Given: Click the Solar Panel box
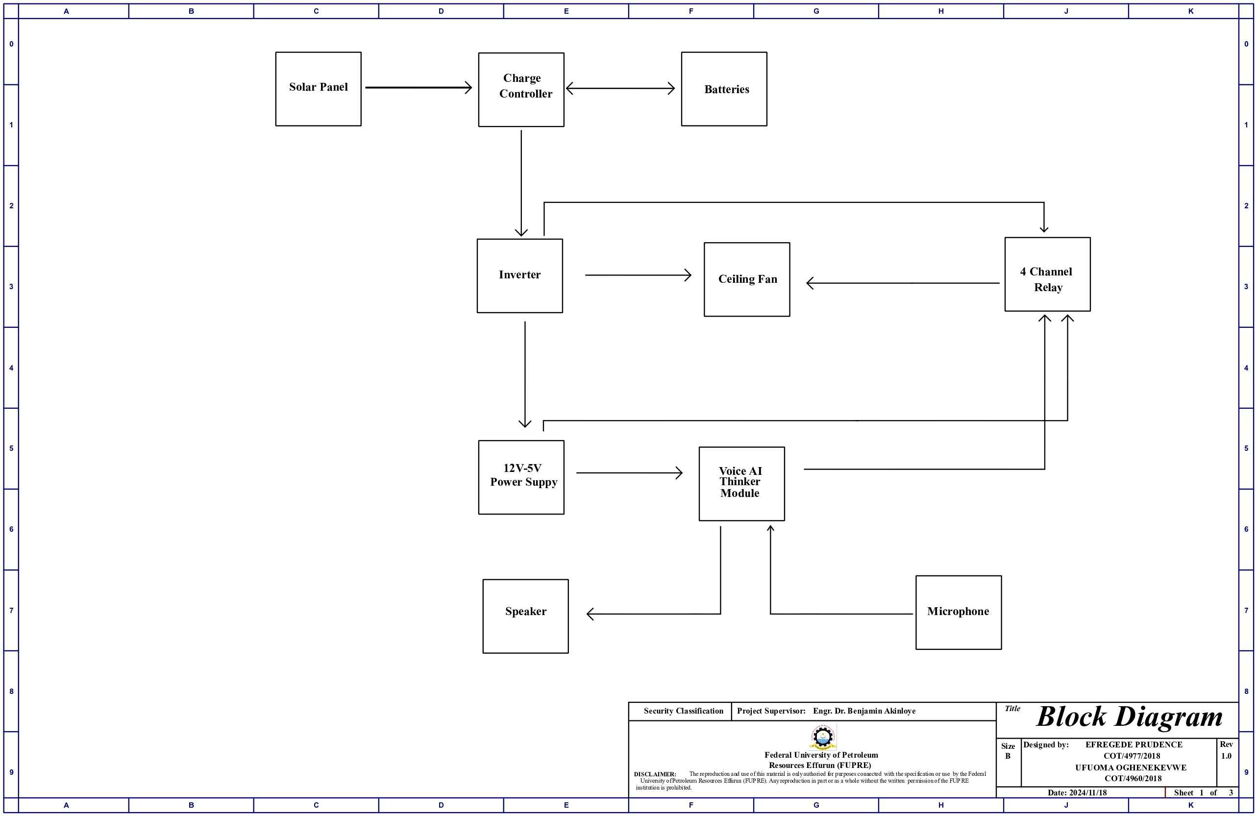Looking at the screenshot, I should [x=318, y=89].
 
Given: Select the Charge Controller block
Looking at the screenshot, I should [x=521, y=89].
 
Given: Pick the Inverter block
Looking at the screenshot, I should [x=519, y=276].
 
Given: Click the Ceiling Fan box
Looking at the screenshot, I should [x=747, y=279].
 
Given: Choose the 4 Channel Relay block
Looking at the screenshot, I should [x=1047, y=274].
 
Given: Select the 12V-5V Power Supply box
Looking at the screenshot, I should [x=521, y=477].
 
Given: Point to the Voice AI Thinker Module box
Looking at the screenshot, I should [x=741, y=484].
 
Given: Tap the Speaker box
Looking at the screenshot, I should [x=525, y=616].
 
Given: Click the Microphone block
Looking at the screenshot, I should [x=958, y=612].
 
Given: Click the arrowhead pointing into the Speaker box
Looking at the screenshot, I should [x=591, y=614].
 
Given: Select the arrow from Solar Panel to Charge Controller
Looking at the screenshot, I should [x=419, y=88].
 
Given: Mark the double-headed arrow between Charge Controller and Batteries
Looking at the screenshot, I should [x=620, y=88].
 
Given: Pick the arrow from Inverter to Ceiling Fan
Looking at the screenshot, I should [x=638, y=275].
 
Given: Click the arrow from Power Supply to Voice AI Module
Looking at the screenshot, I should [x=629, y=473].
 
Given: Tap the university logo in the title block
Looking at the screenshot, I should [x=823, y=737].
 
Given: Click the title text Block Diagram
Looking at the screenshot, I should [x=1129, y=717].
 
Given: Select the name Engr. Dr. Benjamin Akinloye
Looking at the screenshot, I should [x=864, y=711].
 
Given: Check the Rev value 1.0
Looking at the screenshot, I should [x=1226, y=756].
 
